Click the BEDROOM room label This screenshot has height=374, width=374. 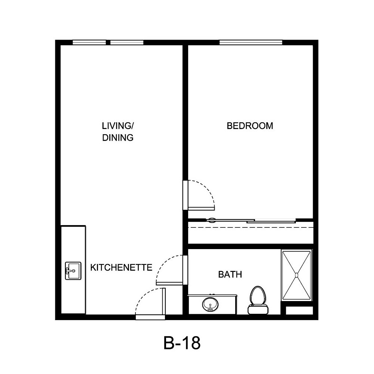coord(250,126)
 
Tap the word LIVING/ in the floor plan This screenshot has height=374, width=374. coord(117,125)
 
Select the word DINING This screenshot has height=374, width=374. coord(118,138)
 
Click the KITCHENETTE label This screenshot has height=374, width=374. coord(122,267)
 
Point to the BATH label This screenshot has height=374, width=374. coord(230,275)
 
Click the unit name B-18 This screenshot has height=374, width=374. coord(182,343)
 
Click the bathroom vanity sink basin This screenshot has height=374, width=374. coord(209,304)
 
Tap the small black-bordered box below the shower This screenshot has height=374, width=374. coord(299,310)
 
